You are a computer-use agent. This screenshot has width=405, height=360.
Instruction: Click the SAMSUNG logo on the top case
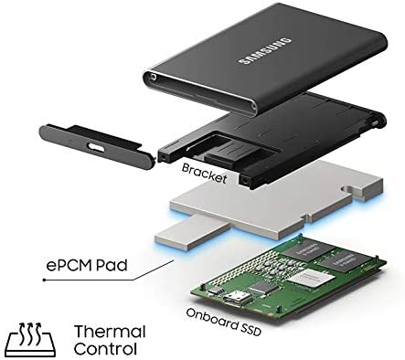point(265,51)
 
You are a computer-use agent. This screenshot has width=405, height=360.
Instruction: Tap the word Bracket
point(204,173)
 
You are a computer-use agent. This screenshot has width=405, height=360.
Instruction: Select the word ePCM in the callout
point(69,265)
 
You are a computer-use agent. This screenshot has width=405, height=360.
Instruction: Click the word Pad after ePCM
point(112,265)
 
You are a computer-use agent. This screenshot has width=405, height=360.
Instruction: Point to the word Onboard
point(211,319)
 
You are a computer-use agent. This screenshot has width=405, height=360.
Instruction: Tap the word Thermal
point(110,331)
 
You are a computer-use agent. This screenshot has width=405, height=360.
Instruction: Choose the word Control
point(105,349)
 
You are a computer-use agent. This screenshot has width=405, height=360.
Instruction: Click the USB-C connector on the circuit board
point(237,299)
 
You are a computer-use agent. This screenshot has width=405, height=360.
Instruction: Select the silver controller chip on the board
point(311,278)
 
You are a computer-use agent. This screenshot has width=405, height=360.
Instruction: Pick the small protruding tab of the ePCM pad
point(192,232)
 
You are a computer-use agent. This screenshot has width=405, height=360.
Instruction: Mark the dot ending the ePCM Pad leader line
point(45,280)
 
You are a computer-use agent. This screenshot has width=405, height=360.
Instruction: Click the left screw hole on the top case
point(153,77)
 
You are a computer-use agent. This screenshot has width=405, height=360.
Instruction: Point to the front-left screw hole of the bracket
point(164,156)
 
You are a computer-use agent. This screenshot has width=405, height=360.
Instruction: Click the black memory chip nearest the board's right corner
point(344,260)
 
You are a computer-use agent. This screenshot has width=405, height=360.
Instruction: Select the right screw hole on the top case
point(253,106)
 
